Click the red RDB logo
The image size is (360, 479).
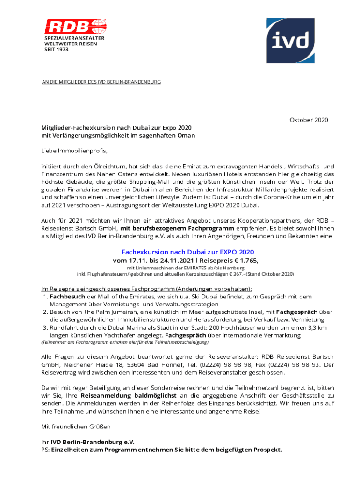click(x=75, y=26)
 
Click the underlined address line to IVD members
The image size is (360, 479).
click(x=101, y=82)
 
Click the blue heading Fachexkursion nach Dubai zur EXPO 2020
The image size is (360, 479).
click(x=187, y=252)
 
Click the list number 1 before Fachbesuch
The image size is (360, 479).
click(x=44, y=297)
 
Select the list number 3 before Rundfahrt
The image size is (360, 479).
click(x=44, y=328)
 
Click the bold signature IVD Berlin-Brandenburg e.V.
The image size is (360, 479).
click(x=93, y=442)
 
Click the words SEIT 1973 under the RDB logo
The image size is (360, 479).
click(x=57, y=49)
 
